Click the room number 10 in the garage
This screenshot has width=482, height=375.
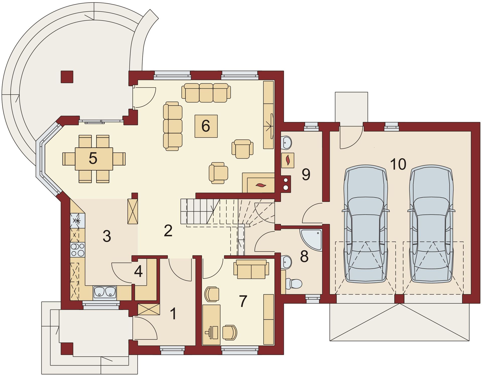(x=398, y=164)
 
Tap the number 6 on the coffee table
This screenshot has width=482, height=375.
(x=206, y=126)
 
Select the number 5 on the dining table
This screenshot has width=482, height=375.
(x=93, y=158)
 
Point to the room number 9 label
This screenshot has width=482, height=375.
(x=306, y=174)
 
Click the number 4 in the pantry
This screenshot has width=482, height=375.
(x=139, y=271)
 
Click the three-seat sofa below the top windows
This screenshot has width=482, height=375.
(x=206, y=93)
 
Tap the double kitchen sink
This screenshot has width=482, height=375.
(x=105, y=292)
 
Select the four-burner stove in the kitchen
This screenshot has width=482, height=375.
(x=78, y=250)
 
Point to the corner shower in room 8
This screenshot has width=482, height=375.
(x=311, y=240)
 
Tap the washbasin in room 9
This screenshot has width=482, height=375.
(x=287, y=142)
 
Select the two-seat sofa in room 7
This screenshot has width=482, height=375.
(x=251, y=269)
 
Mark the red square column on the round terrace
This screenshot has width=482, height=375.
(x=67, y=77)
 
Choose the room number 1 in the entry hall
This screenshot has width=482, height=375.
(x=173, y=314)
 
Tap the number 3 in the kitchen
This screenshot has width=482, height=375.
(x=107, y=236)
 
